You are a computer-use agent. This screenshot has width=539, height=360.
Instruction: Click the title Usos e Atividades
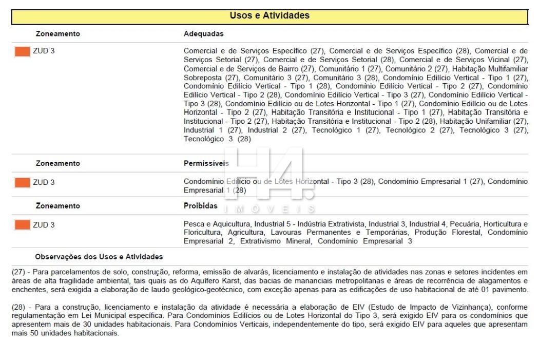[269, 15]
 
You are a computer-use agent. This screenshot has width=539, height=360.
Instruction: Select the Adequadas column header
[200, 34]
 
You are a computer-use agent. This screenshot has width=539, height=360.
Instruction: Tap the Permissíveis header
[206, 163]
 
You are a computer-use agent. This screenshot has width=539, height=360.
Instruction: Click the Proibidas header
[200, 206]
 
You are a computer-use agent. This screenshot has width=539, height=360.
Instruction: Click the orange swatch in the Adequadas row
[22, 51]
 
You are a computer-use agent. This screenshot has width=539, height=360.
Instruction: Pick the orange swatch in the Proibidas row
[22, 224]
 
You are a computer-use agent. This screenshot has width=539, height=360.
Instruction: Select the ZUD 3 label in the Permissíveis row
[44, 182]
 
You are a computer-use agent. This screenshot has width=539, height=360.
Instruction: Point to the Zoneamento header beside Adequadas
[57, 34]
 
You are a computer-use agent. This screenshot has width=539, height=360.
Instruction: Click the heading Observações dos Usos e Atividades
[99, 256]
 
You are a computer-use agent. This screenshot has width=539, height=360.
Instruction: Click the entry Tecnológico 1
[335, 130]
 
